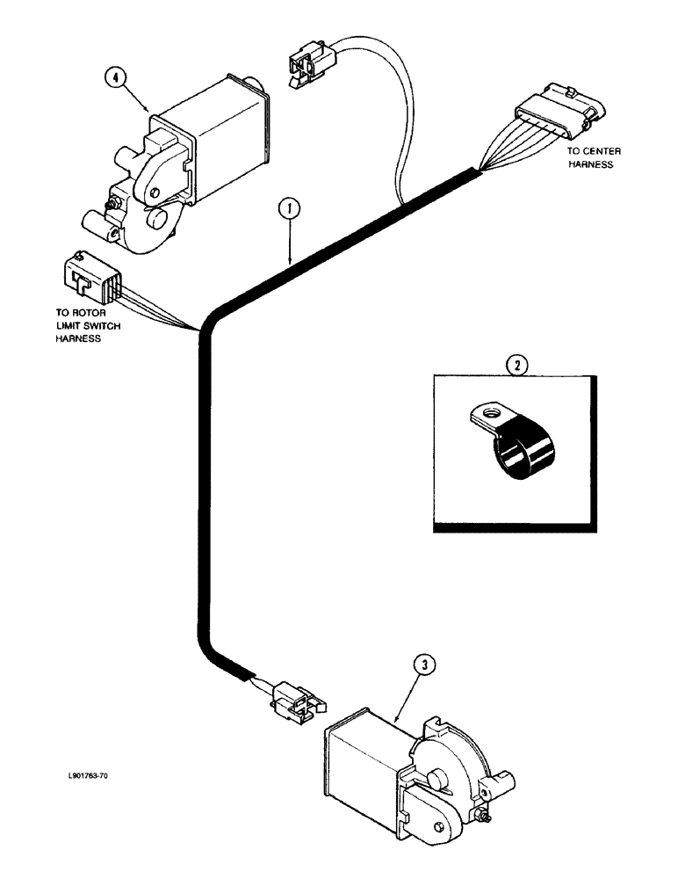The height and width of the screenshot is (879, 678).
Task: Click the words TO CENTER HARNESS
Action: coord(594,157)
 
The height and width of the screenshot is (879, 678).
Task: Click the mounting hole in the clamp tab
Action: coord(488,410)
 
